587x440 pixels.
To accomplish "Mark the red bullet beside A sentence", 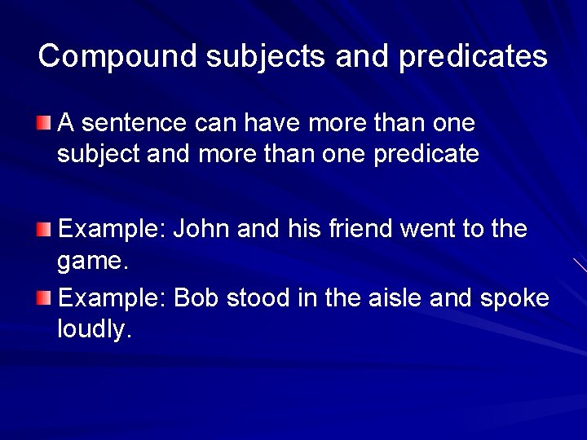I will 43,124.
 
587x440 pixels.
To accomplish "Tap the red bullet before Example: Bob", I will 43,298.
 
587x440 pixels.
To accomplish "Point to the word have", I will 267,124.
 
